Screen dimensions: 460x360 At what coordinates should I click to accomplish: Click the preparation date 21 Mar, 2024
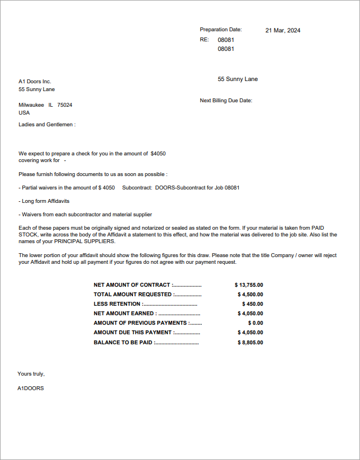click(283, 30)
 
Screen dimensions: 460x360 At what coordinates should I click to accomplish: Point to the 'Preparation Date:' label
click(221, 29)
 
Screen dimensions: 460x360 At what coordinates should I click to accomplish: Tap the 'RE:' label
click(204, 40)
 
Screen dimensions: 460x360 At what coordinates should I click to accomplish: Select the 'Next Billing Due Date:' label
click(226, 101)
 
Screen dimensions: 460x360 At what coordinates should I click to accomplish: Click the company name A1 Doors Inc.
click(35, 82)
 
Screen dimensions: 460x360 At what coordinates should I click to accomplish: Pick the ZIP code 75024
click(65, 105)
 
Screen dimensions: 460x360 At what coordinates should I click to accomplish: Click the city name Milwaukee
click(31, 105)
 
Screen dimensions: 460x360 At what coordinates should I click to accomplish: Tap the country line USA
click(24, 113)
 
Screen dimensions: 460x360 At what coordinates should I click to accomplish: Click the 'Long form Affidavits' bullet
click(45, 201)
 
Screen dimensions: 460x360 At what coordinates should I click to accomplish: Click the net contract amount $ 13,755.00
click(249, 285)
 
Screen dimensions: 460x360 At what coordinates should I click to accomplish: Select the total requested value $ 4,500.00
click(250, 295)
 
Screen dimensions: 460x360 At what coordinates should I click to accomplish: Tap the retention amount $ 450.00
click(252, 304)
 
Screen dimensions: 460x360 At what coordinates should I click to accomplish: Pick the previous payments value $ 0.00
click(255, 323)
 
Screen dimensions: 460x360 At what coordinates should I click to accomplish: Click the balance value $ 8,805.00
click(250, 343)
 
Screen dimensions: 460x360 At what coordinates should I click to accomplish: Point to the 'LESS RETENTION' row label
click(117, 304)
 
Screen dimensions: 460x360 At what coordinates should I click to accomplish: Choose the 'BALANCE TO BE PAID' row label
click(123, 343)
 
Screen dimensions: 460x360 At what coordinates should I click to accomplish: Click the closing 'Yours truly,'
click(31, 374)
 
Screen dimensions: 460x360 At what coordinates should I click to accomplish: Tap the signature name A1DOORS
click(31, 388)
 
